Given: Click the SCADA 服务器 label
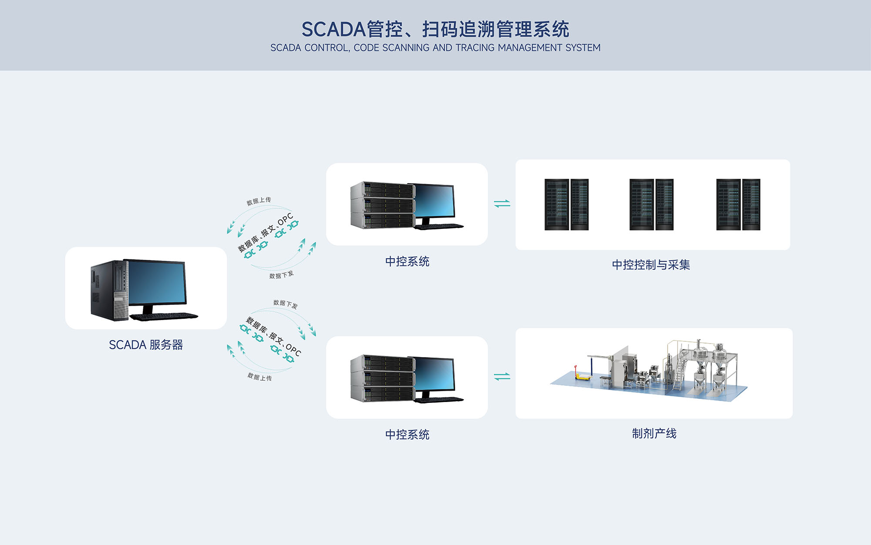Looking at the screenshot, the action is pyautogui.click(x=146, y=345).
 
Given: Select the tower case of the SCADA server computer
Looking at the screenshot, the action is pyautogui.click(x=109, y=290).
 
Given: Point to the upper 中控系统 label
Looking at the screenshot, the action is pyautogui.click(x=407, y=262).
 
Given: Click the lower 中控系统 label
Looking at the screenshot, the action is pyautogui.click(x=407, y=435).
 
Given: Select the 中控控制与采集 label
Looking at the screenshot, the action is pyautogui.click(x=651, y=265).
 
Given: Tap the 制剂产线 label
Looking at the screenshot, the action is pyautogui.click(x=654, y=433).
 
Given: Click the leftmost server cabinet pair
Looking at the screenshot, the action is pyautogui.click(x=567, y=204).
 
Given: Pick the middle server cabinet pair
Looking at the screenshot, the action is pyautogui.click(x=652, y=204).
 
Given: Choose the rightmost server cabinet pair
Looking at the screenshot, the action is pyautogui.click(x=738, y=204).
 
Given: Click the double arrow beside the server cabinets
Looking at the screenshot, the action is pyautogui.click(x=502, y=204).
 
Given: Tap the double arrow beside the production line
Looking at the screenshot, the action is pyautogui.click(x=502, y=376).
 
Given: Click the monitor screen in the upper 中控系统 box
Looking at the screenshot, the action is pyautogui.click(x=434, y=200).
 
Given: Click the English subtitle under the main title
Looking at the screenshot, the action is pyautogui.click(x=435, y=48).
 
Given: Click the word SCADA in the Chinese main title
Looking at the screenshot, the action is pyautogui.click(x=334, y=30).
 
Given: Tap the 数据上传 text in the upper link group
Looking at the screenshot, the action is pyautogui.click(x=259, y=201).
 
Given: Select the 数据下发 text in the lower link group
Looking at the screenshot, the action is pyautogui.click(x=286, y=304).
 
